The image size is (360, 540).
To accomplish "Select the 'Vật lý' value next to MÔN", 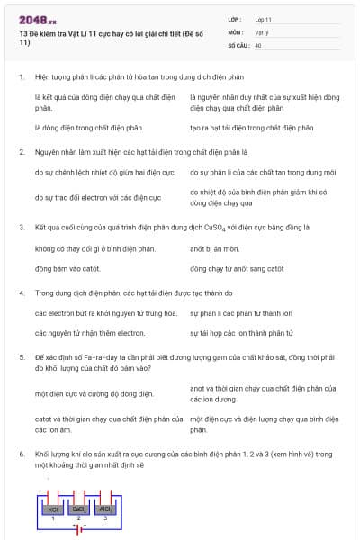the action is (x=262, y=31).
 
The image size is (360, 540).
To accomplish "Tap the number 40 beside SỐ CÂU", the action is (x=258, y=44).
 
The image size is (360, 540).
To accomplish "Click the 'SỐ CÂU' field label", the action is (x=237, y=44).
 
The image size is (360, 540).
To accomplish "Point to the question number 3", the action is (x=22, y=228).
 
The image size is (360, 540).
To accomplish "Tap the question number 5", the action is (x=22, y=357).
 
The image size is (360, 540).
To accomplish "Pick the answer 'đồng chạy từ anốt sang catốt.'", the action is (x=237, y=268).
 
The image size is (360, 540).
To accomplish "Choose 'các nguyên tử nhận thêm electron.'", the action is (x=89, y=333).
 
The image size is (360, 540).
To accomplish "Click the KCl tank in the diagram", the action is (x=53, y=509).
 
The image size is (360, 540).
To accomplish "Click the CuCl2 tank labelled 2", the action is (x=79, y=509).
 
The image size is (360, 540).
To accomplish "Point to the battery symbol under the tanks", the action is (x=79, y=528).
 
